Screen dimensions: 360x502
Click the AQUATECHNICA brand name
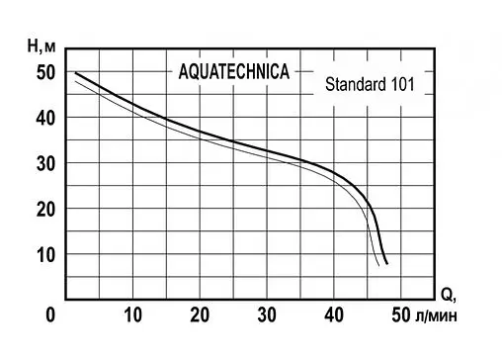click(233, 73)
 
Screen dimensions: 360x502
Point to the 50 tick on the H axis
click(46, 72)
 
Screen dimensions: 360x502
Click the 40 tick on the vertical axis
click(46, 118)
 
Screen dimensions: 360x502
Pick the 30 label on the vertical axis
click(46, 163)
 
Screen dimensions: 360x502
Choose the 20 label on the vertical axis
click(46, 209)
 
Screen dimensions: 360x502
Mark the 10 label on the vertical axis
click(46, 254)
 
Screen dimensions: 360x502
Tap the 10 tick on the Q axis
click(133, 315)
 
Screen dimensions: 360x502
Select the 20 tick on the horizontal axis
click(201, 315)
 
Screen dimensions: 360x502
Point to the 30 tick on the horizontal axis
click(268, 315)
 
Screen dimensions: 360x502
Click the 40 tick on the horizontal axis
click(335, 315)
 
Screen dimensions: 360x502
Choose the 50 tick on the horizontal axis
click(401, 315)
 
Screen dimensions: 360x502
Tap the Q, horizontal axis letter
click(447, 294)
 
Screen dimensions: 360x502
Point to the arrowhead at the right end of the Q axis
click(432, 299)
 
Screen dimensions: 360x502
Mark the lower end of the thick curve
click(387, 264)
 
